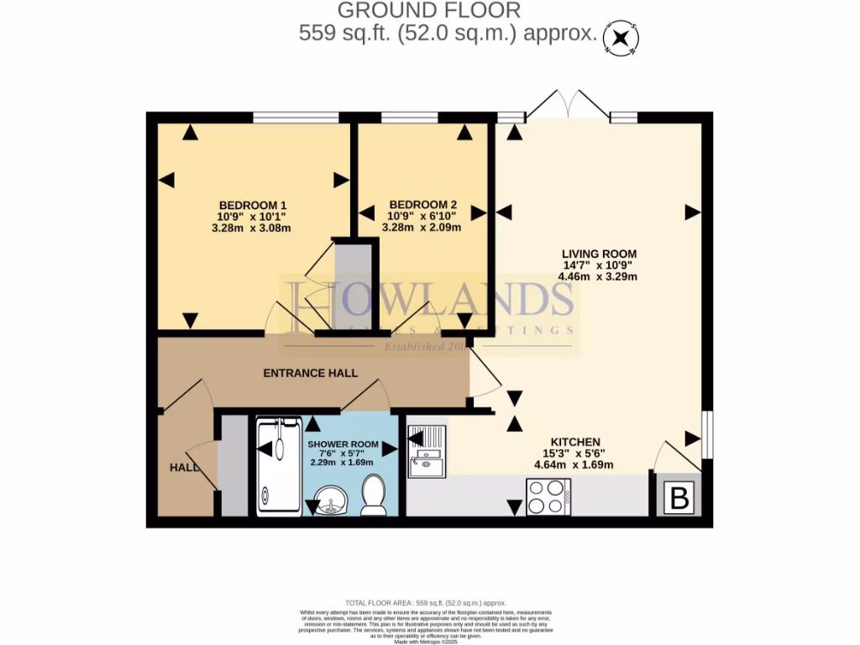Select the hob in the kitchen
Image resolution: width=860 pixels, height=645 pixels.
pyautogui.click(x=548, y=496)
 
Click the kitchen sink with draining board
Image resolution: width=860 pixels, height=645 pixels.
pyautogui.click(x=427, y=451)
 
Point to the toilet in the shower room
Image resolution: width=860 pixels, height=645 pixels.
pyautogui.click(x=373, y=495)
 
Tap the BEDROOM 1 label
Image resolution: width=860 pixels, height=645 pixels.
pyautogui.click(x=253, y=205)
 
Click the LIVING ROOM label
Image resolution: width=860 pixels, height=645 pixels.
pyautogui.click(x=600, y=254)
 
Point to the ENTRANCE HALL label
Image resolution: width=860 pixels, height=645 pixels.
pyautogui.click(x=311, y=373)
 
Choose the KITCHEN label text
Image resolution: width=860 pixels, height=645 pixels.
pyautogui.click(x=574, y=442)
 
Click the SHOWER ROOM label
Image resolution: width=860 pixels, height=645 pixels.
pyautogui.click(x=341, y=444)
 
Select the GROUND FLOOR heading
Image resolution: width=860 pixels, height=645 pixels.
pyautogui.click(x=429, y=11)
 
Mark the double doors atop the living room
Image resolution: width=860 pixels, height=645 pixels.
pyautogui.click(x=568, y=105)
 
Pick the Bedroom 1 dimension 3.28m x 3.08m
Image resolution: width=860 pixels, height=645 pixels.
pyautogui.click(x=253, y=228)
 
